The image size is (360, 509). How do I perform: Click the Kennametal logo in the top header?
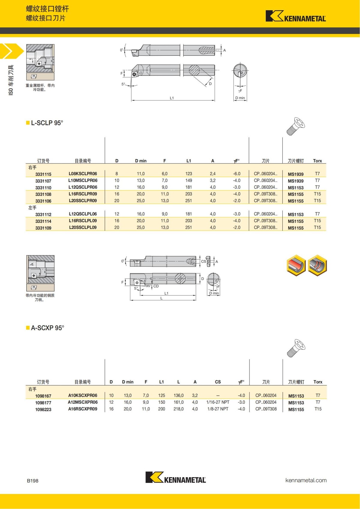[295, 16]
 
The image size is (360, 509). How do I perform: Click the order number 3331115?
[43, 174]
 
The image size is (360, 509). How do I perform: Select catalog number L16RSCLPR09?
[83, 194]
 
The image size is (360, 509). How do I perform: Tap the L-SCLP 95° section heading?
[47, 123]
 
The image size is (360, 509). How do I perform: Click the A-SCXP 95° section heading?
[47, 328]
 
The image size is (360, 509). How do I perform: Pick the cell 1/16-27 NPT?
[218, 402]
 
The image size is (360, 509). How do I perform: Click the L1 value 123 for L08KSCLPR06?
[188, 174]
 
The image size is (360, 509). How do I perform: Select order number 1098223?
[43, 409]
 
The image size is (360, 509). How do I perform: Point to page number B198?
[33, 481]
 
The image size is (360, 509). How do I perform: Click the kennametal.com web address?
[306, 480]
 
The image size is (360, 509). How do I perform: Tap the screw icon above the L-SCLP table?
[295, 126]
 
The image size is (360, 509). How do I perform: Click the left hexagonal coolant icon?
[296, 265]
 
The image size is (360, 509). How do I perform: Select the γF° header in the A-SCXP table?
[241, 382]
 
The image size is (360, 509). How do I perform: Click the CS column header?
[218, 382]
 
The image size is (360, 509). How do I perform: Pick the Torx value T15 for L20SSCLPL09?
[317, 227]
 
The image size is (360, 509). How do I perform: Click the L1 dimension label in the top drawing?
[172, 98]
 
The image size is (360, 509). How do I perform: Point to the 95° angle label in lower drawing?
[148, 286]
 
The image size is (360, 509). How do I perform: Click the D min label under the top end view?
[240, 98]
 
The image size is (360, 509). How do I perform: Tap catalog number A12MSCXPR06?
[83, 402]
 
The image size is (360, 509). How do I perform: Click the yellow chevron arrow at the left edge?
[10, 51]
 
